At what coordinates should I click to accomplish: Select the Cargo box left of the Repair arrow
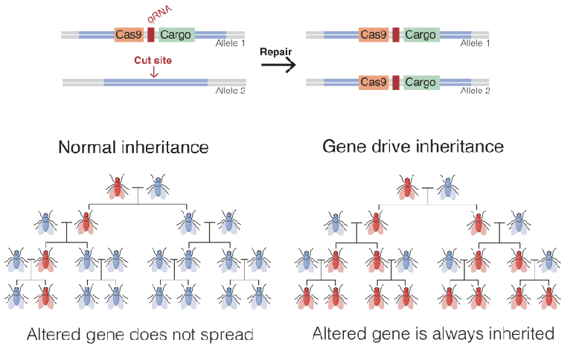pos(176,34)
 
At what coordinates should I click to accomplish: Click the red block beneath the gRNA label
pos(151,34)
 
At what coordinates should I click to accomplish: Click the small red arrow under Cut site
pos(153,72)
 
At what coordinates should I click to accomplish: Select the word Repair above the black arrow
pos(275,52)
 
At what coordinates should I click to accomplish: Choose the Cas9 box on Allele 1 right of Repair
pos(374,34)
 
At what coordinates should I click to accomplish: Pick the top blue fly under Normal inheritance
pos(157,187)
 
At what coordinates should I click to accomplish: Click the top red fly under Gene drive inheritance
pos(406,187)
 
